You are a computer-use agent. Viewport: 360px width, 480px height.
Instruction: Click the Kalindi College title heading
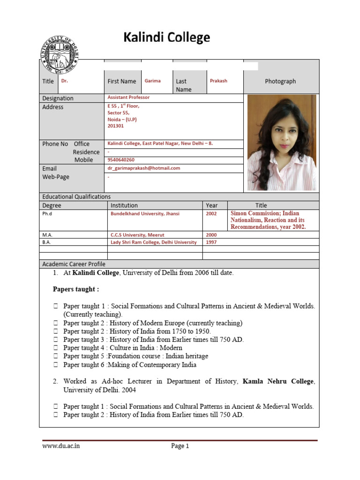click(x=166, y=37)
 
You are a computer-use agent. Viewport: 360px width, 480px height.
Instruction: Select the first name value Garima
click(x=152, y=81)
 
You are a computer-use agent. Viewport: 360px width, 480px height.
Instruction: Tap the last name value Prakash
click(x=218, y=81)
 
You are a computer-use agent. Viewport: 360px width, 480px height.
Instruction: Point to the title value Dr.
click(x=65, y=81)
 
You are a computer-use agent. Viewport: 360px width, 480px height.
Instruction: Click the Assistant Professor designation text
click(x=129, y=97)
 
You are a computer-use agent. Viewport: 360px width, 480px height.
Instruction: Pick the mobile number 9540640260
click(x=121, y=160)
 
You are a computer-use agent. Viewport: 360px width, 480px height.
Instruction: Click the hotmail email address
click(x=144, y=168)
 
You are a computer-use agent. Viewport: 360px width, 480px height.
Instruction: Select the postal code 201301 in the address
click(x=116, y=126)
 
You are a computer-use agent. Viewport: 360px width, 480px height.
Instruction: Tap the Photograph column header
click(x=280, y=81)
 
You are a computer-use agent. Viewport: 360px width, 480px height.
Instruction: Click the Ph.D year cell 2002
click(x=211, y=213)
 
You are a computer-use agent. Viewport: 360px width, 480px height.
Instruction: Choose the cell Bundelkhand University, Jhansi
click(x=145, y=213)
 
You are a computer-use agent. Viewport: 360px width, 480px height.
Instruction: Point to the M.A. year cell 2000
click(x=211, y=234)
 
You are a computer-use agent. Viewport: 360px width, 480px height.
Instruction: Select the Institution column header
click(x=124, y=205)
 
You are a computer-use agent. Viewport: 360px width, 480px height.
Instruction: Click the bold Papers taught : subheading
click(x=75, y=289)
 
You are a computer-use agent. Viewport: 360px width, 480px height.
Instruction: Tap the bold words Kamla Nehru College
click(x=277, y=382)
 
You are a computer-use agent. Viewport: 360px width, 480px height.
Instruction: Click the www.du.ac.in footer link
click(x=61, y=446)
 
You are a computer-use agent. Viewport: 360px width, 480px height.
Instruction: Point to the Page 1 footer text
click(x=180, y=446)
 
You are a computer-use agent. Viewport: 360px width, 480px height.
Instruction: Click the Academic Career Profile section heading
click(x=74, y=264)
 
